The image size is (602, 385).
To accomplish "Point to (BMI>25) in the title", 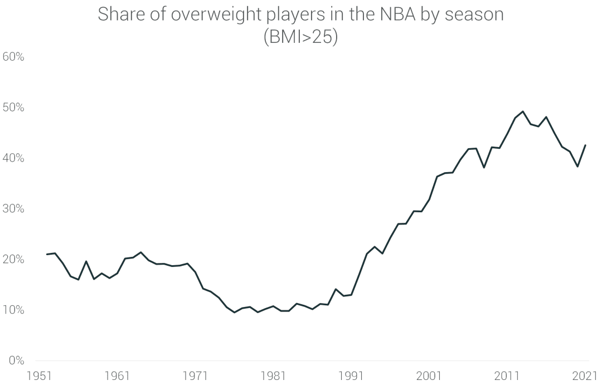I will [x=300, y=39].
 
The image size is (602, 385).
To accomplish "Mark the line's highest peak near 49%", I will [x=522, y=111].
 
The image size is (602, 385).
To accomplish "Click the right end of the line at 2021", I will [x=585, y=145].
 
